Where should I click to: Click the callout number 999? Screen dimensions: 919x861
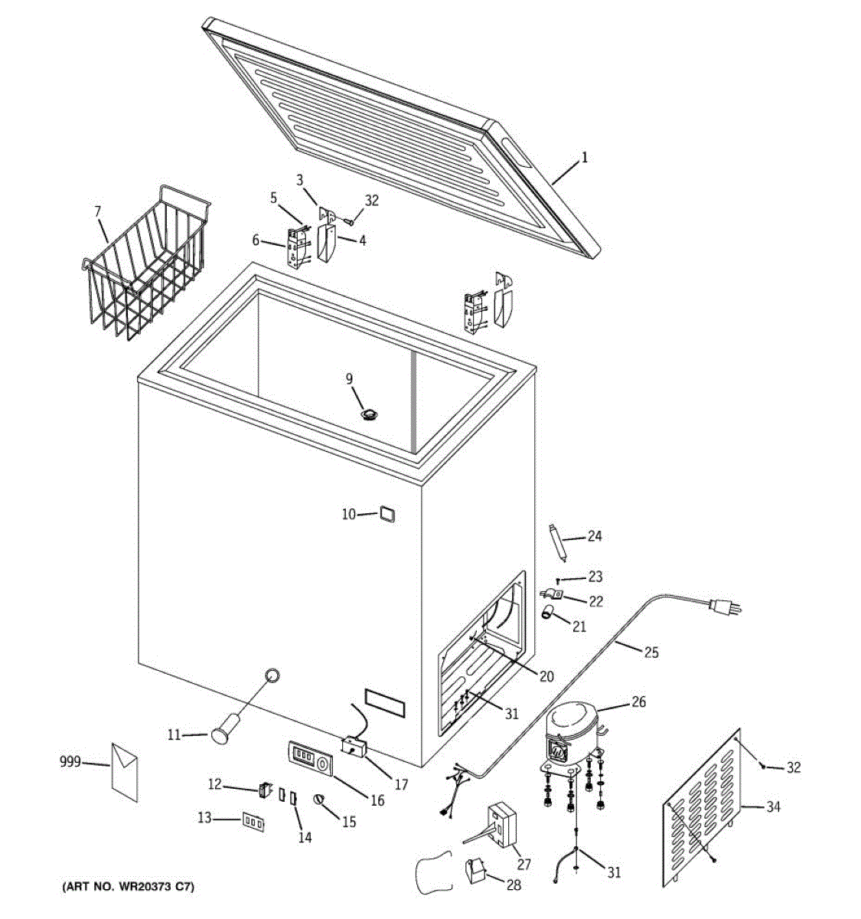(x=70, y=762)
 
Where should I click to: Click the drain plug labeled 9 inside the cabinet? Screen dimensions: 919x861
(x=370, y=414)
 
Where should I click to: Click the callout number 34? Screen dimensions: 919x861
(x=773, y=806)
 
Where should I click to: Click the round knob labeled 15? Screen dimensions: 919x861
(x=320, y=800)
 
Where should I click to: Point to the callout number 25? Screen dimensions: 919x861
(x=651, y=652)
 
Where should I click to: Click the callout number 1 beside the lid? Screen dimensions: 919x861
(x=585, y=159)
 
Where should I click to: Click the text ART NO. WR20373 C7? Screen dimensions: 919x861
(x=128, y=888)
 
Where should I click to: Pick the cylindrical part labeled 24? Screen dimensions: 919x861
(x=558, y=541)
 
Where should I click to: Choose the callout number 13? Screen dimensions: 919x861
(x=204, y=819)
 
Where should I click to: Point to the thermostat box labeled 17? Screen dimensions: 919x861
(x=354, y=745)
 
